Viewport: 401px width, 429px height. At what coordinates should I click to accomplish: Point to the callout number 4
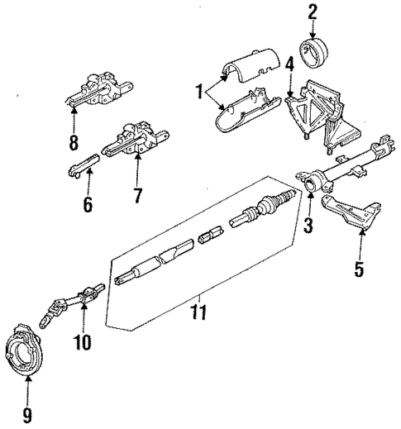tap(289, 64)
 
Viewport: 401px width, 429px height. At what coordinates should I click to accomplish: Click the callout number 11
tap(198, 312)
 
